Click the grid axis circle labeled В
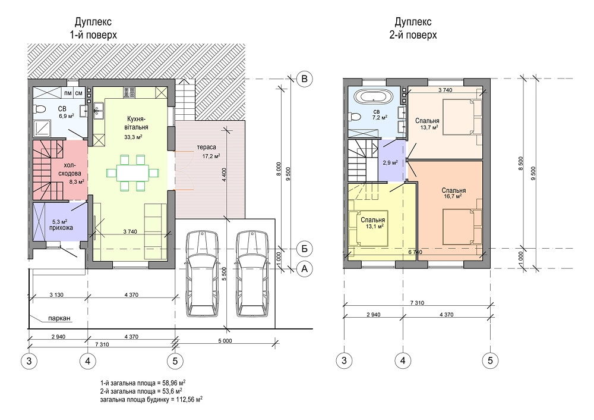tap(304, 79)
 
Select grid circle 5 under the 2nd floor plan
tap(490, 360)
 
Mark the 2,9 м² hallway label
tap(390, 162)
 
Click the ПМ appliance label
tap(68, 93)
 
